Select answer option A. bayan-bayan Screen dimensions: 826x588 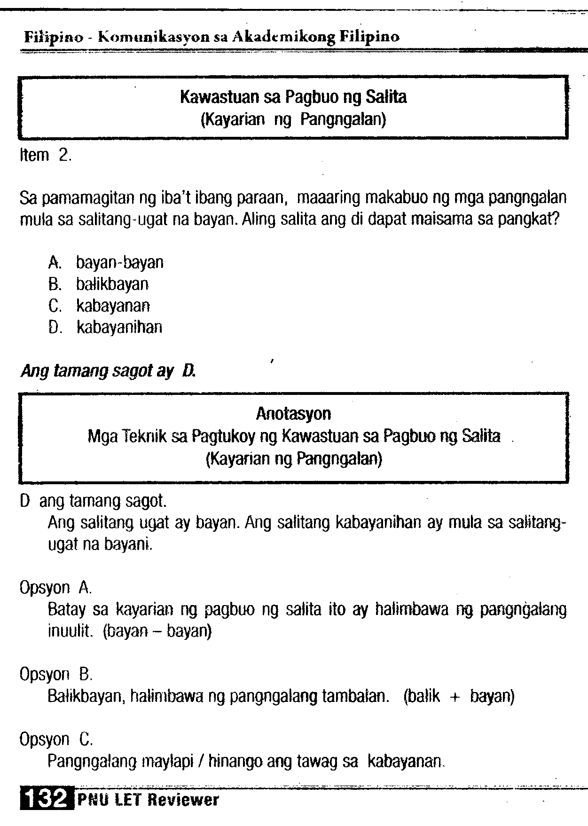coord(106,262)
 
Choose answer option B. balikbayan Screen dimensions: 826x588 coord(99,284)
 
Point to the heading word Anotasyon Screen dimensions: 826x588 coord(293,414)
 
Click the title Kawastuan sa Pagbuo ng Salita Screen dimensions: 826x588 coord(293,97)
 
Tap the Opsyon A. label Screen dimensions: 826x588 coord(55,588)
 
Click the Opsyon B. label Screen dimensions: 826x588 coord(55,675)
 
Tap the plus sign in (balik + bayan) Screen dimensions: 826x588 coord(454,696)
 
